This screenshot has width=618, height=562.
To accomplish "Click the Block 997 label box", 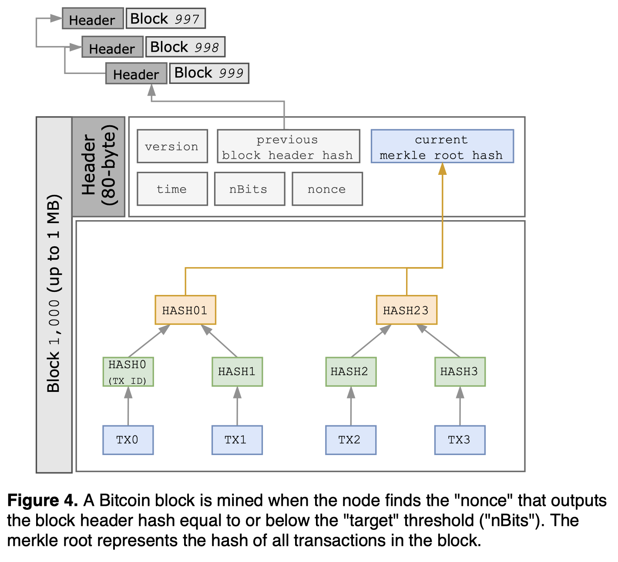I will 165,19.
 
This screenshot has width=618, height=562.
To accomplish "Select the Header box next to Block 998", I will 112,47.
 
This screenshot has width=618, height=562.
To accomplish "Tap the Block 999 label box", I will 209,73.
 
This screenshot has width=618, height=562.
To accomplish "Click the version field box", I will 172,147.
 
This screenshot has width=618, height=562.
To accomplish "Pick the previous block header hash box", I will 288,147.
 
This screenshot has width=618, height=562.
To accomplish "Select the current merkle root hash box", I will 442,147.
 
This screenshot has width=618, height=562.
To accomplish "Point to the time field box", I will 172,189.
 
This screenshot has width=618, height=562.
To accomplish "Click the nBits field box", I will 249,189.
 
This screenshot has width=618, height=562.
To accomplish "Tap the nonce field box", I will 327,189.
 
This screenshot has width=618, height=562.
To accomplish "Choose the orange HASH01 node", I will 185,310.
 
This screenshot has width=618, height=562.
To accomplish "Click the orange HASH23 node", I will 406,310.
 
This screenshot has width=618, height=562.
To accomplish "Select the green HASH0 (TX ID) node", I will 128,372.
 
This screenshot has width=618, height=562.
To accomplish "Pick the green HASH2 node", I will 350,372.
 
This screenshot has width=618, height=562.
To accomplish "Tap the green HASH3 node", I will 460,372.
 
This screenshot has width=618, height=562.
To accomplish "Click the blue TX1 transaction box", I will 237,440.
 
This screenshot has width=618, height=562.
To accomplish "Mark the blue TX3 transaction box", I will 460,440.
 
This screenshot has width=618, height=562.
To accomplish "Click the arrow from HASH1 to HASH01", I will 220,341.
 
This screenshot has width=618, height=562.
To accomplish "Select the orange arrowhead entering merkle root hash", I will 442,169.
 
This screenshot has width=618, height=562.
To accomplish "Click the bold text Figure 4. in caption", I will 42,501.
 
